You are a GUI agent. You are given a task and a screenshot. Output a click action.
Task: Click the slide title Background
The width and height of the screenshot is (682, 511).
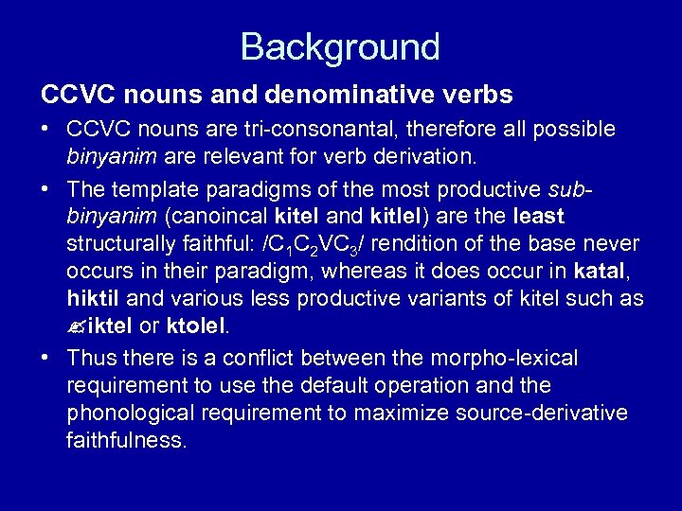(x=340, y=45)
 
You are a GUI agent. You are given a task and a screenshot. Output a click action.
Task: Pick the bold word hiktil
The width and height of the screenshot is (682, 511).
(x=93, y=300)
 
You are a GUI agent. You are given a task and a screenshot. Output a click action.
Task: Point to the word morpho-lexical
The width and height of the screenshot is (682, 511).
(x=510, y=359)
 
